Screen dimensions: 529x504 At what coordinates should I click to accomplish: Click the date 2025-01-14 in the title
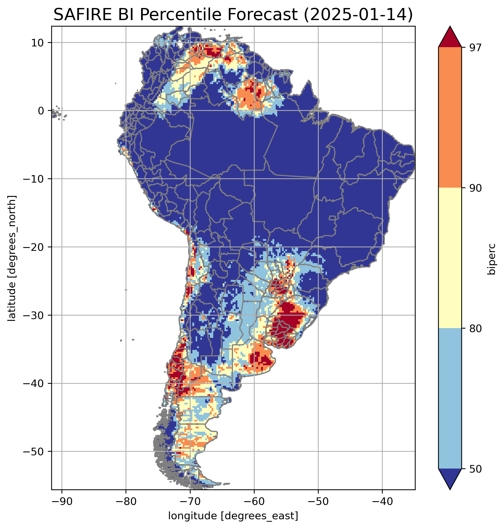pyautogui.click(x=358, y=15)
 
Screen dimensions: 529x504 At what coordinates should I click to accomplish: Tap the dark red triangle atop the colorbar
pyautogui.click(x=450, y=38)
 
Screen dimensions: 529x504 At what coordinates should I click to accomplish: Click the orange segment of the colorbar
pyautogui.click(x=450, y=118)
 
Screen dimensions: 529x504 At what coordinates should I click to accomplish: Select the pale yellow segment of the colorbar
pyautogui.click(x=450, y=258)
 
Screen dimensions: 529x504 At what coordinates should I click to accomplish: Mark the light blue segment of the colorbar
pyautogui.click(x=450, y=399)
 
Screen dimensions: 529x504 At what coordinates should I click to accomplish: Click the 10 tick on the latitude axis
pyautogui.click(x=38, y=43)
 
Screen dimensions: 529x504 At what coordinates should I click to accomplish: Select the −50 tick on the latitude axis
pyautogui.click(x=34, y=452)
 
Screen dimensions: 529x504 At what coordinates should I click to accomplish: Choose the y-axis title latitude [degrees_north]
pyautogui.click(x=12, y=258)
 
